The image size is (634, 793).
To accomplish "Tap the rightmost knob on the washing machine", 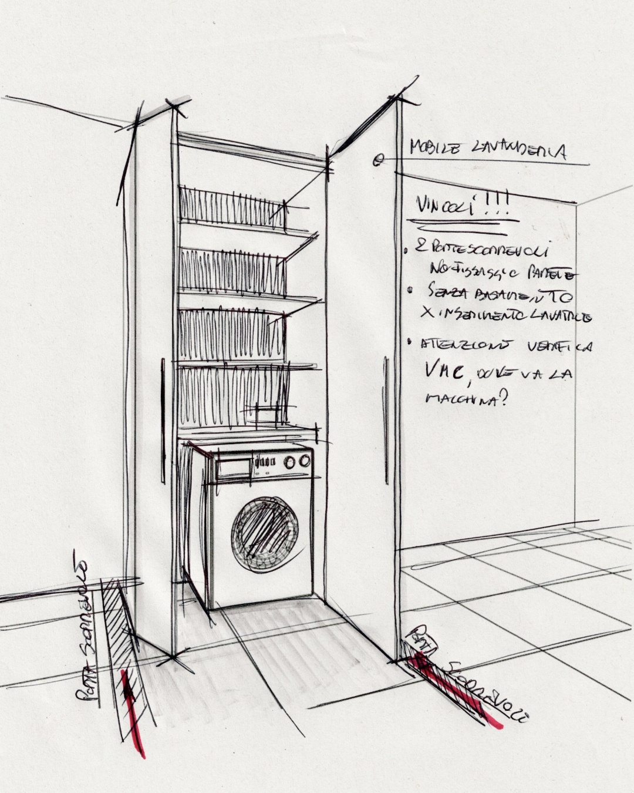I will click(304, 461).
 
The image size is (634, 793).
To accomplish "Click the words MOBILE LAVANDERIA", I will click(487, 150).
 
